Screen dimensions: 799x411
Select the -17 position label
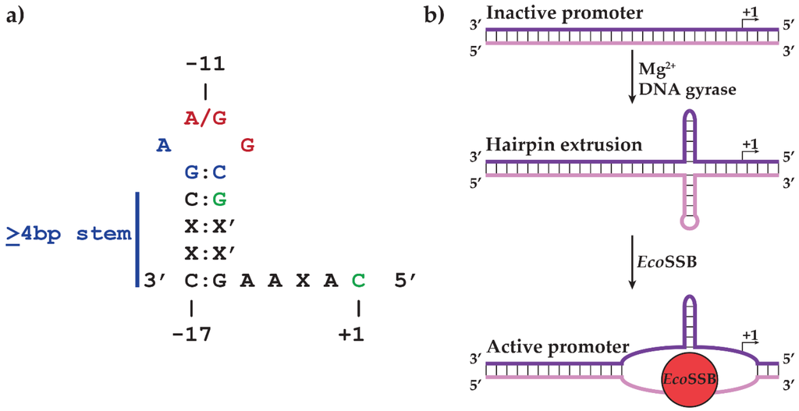coord(191,335)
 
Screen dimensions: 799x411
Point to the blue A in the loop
coord(163,145)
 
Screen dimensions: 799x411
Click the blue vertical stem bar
coord(137,238)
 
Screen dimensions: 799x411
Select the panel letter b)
coord(442,15)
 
